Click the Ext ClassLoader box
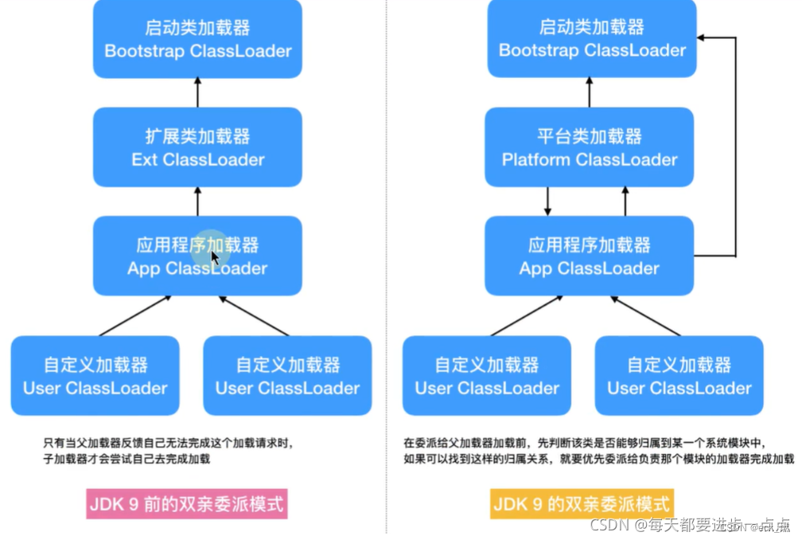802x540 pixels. coord(197,148)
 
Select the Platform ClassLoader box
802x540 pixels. coord(590,148)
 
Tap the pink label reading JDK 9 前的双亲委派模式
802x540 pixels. coord(186,503)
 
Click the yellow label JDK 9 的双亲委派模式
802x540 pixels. coord(582,503)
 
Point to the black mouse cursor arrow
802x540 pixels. coord(214,258)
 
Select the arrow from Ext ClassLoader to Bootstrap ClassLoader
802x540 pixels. coord(197,92)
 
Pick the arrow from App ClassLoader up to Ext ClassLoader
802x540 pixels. coord(197,202)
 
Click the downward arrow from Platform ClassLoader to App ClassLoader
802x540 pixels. coord(548,202)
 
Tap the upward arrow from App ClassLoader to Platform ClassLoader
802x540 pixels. coord(625,202)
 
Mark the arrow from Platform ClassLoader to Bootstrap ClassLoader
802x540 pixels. coord(590,92)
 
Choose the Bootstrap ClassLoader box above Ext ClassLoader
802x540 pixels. coord(197,39)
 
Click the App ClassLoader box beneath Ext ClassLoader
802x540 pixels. coord(197,256)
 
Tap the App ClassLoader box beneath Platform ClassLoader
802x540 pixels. coord(590,256)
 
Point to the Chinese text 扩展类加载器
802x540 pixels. coord(197,136)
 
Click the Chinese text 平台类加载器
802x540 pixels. coord(590,136)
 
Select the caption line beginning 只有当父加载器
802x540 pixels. coord(173,443)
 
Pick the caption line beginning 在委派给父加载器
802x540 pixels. coord(585,443)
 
